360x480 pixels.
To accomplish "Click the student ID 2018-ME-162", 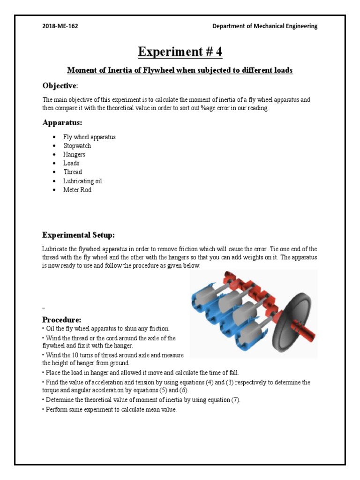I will point(60,26).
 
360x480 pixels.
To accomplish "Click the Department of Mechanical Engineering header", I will point(265,26).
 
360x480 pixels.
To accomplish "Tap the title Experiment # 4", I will point(180,52).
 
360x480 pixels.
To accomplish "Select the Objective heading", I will point(60,86).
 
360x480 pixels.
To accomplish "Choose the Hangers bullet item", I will point(75,154).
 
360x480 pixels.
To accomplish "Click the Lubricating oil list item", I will point(82,181).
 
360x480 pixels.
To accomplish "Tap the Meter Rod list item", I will point(77,190).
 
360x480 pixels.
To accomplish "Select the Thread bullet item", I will point(73,172).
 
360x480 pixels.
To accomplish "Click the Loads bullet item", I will point(72,163).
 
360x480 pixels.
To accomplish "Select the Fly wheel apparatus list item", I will point(90,137).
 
